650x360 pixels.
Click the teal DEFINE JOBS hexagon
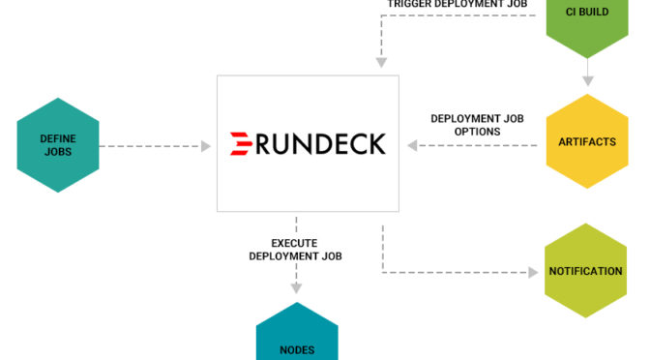pos(58,145)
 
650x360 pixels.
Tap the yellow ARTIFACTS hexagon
pos(587,141)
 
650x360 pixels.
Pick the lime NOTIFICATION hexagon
pos(585,271)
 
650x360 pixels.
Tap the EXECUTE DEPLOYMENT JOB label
pos(295,250)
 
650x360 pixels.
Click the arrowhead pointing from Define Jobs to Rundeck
pos(205,146)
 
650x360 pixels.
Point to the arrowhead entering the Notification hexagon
pos(533,272)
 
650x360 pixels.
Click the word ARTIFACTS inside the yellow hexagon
pos(587,142)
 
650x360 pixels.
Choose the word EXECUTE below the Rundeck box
pos(295,243)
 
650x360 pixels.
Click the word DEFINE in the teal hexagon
pos(58,138)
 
